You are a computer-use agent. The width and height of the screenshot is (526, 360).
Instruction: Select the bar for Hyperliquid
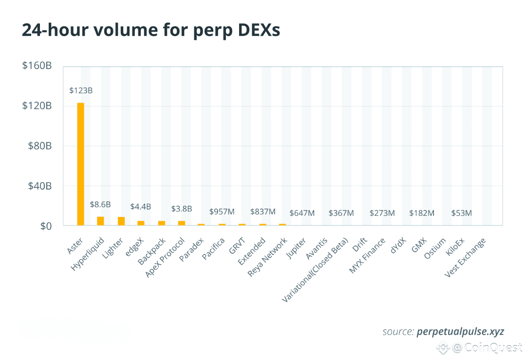tap(100, 221)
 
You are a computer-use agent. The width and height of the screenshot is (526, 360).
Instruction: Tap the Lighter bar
tap(121, 221)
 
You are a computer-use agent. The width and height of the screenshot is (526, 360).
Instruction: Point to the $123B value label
tap(81, 91)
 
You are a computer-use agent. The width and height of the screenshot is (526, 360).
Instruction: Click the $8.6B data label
tap(100, 205)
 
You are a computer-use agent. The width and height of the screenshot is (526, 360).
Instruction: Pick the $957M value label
tap(222, 212)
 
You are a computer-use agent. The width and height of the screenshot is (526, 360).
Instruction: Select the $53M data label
tap(461, 213)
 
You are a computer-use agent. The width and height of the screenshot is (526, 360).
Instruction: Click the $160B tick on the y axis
tap(37, 66)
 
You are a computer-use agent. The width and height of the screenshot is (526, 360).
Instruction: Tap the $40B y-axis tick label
tap(37, 186)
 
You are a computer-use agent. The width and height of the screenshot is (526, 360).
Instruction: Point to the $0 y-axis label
tap(44, 226)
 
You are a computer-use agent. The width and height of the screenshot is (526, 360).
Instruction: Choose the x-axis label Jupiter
tap(297, 247)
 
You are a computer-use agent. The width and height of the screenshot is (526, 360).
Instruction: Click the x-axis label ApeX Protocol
tap(166, 258)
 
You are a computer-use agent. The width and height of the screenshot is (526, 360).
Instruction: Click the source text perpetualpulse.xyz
tap(460, 332)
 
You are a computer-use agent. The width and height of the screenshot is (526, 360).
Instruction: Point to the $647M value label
tap(302, 213)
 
